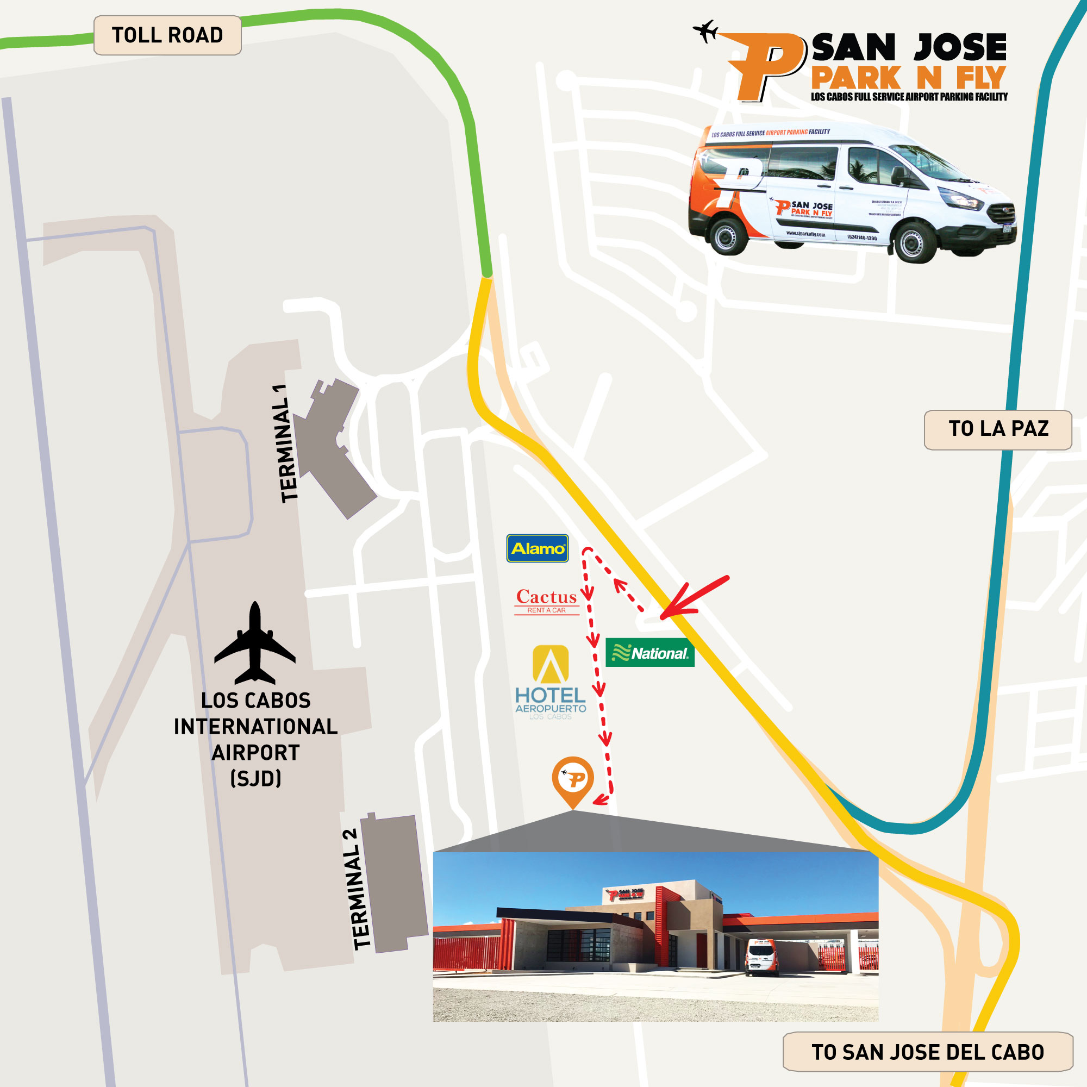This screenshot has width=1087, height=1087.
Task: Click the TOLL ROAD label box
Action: click(x=167, y=35)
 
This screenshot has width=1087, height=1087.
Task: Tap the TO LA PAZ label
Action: click(x=997, y=429)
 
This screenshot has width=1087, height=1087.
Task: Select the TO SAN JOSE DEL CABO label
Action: click(x=927, y=1052)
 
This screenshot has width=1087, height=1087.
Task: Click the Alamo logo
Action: click(x=538, y=548)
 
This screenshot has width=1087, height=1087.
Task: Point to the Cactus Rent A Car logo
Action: click(x=546, y=601)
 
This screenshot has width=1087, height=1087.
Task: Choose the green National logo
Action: click(x=650, y=653)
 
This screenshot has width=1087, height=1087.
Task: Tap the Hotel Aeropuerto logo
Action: click(x=550, y=682)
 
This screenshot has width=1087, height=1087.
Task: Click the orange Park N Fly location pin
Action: click(x=572, y=779)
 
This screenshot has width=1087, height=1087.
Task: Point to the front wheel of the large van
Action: click(x=915, y=242)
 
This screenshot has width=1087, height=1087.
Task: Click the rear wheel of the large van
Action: click(x=729, y=236)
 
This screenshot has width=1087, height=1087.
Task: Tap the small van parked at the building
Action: click(x=761, y=957)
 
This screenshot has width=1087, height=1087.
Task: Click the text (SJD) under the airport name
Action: click(x=255, y=779)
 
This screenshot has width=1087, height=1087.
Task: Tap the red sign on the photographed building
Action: click(x=625, y=894)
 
